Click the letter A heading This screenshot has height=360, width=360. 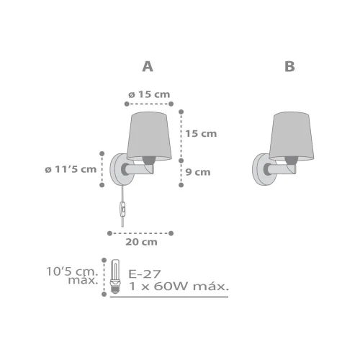tap(148, 66)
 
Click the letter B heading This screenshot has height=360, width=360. tap(289, 66)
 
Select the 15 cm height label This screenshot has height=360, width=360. tap(201, 133)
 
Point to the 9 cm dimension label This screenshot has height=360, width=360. tap(197, 171)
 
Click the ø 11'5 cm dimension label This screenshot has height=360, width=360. tap(70, 169)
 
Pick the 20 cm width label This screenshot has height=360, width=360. tap(141, 242)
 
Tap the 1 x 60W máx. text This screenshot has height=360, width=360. tap(178, 286)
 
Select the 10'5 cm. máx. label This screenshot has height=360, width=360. tap(75, 276)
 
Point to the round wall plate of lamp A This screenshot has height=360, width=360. tap(116, 169)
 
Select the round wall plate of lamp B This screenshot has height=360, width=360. tap(260, 169)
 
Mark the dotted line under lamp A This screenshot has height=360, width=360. tap(141, 233)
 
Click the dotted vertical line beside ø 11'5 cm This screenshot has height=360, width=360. tap(102, 169)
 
